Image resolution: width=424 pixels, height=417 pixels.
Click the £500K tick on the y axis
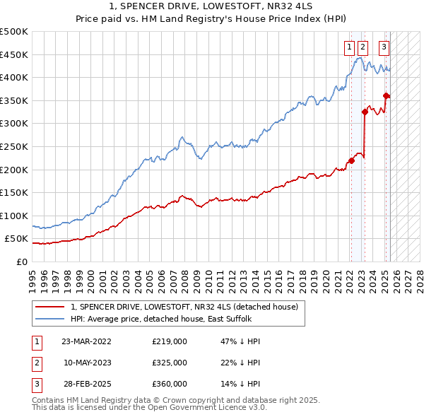click(13, 32)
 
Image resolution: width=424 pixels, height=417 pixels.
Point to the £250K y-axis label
click(13, 146)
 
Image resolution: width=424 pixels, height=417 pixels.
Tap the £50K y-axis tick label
click(16, 239)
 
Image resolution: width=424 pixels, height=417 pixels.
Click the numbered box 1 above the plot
click(350, 47)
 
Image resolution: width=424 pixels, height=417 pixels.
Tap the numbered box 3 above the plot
click(384, 47)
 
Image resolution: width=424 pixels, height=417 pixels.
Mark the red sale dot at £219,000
click(351, 161)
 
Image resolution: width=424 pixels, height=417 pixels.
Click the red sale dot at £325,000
click(365, 112)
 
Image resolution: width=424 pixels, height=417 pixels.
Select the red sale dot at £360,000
click(386, 96)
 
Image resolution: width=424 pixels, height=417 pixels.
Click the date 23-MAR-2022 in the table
click(86, 341)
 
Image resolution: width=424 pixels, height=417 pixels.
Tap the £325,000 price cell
click(170, 363)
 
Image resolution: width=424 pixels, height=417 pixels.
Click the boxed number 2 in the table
click(36, 363)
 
